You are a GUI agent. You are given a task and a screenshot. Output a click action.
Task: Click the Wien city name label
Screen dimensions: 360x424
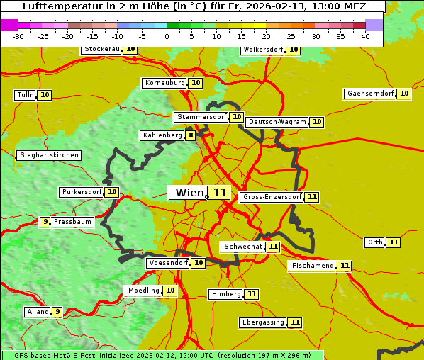point(188,193)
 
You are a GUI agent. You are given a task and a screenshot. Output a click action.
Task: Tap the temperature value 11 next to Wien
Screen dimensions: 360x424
point(220,193)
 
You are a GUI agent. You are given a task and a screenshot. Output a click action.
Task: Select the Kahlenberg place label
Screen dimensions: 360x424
point(162,135)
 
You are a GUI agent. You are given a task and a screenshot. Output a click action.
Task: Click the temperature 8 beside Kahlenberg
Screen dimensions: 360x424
point(191,135)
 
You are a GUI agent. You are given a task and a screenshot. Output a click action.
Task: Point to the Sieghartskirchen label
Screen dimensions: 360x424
point(49,155)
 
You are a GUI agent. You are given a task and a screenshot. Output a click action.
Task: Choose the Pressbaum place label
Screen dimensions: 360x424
point(72,222)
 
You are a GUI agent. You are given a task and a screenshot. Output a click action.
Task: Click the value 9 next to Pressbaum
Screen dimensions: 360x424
point(45,222)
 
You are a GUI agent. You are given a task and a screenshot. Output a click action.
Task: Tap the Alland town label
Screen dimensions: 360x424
point(38,311)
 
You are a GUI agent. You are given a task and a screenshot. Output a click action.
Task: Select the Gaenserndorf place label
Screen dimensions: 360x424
point(370,94)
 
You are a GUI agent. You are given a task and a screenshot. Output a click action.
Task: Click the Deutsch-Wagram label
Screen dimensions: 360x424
point(277,122)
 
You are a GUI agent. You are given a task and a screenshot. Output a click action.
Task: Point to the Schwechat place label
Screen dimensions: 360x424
point(242,247)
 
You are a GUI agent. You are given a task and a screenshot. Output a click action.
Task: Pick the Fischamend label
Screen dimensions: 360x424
point(312,266)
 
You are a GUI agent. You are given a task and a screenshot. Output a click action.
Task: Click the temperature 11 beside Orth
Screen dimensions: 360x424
point(394,242)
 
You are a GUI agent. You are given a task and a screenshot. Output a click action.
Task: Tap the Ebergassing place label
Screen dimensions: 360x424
point(263,322)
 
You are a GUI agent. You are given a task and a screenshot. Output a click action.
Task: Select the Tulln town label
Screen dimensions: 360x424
point(26,95)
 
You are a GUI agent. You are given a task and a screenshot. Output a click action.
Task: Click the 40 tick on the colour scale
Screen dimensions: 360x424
point(365,36)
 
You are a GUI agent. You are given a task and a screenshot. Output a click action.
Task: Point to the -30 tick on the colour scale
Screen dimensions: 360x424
point(19,36)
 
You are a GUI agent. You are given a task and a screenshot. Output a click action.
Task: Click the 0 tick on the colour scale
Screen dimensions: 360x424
point(167,36)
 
